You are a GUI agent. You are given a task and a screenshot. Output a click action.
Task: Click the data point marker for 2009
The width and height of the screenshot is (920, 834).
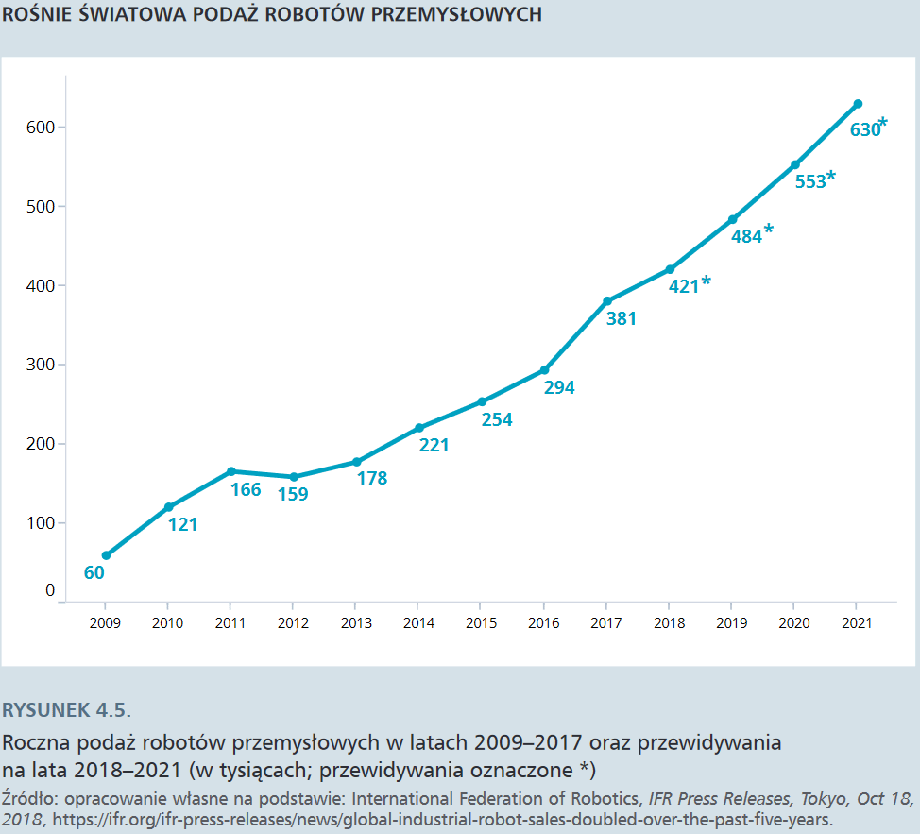click(106, 555)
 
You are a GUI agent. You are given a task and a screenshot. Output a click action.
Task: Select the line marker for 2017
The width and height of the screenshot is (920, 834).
click(607, 301)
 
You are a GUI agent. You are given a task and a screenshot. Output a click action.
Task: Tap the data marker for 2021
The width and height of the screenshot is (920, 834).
click(858, 104)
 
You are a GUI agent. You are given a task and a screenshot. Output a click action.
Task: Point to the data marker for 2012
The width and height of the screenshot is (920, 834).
click(294, 477)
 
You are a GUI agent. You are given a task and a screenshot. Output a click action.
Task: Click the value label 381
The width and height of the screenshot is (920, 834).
click(622, 319)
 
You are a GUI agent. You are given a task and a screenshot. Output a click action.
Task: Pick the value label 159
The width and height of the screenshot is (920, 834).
click(293, 494)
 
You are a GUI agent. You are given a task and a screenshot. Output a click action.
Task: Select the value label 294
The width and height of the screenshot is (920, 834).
click(559, 387)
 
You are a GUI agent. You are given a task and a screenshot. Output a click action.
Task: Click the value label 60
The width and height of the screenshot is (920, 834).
click(94, 572)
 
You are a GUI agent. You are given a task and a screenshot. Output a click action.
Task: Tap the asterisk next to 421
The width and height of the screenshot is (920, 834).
click(707, 281)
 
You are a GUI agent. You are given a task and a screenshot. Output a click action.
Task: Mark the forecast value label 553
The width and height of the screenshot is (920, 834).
click(810, 181)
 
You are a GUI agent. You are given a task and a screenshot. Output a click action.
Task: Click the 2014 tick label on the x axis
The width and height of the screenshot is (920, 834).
click(418, 623)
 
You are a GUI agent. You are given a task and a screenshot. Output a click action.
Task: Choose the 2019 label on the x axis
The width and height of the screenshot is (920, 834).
click(731, 623)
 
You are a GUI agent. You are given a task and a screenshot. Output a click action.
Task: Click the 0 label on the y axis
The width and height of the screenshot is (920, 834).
click(50, 591)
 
